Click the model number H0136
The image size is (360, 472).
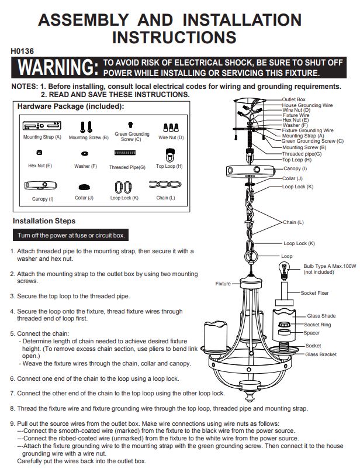point(22,51)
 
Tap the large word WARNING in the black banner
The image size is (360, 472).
point(58,67)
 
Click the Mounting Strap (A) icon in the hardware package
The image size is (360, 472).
point(42,126)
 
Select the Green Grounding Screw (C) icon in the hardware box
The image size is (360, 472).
point(130,125)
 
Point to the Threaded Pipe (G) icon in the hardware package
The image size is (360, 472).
point(125,153)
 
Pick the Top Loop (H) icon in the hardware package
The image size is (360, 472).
point(170,155)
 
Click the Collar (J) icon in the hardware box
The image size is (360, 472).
point(84,188)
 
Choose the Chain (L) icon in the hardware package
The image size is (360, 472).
point(165,184)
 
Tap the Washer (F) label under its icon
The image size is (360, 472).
point(86,166)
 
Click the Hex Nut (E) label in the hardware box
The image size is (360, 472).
point(40,166)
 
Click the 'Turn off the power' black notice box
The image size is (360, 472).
point(71,235)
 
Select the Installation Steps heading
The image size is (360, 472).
point(44,221)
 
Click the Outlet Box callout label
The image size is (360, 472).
point(293,99)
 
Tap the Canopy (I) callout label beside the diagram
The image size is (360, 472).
point(295,168)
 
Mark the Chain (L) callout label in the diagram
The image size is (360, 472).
point(293,222)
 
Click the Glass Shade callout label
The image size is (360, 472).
point(321,316)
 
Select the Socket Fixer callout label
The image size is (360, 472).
point(314,293)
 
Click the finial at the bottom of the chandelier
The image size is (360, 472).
point(249,396)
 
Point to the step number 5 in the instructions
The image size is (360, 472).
point(12,333)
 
